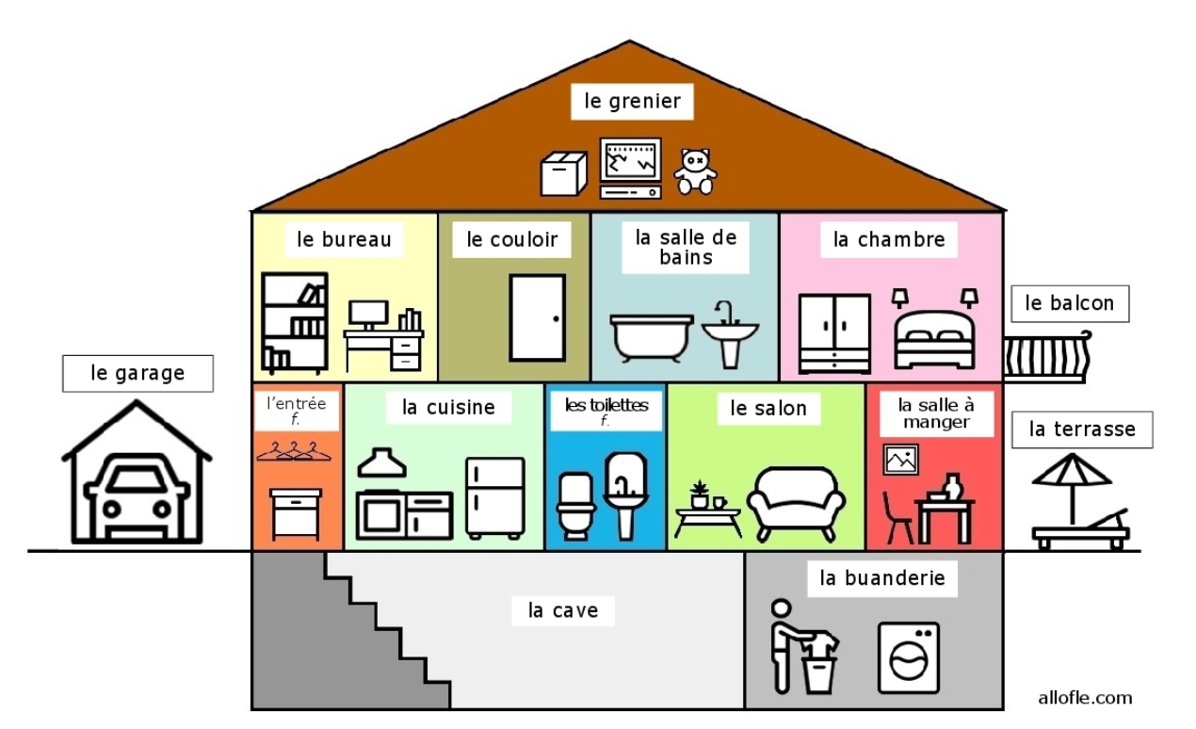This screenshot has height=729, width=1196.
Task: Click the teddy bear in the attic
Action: click(x=695, y=171)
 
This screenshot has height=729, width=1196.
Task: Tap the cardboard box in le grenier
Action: click(x=563, y=174)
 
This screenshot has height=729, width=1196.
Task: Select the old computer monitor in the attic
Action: click(x=630, y=162)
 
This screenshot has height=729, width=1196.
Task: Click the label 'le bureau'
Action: click(x=344, y=239)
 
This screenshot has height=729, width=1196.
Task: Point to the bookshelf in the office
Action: click(x=295, y=323)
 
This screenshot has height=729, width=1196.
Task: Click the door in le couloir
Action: click(x=538, y=317)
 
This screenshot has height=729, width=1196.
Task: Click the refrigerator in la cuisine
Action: click(x=495, y=497)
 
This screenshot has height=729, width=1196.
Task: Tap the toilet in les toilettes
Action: click(x=574, y=505)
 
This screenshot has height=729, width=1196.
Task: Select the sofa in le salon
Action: click(x=796, y=502)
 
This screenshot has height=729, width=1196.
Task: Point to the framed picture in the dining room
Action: click(x=900, y=460)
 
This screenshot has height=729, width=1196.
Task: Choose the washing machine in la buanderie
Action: click(x=908, y=657)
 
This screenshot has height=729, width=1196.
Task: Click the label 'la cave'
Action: click(x=563, y=610)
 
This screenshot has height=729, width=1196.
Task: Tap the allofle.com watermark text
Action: click(x=1085, y=698)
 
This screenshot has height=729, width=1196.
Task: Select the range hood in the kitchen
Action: click(x=381, y=463)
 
